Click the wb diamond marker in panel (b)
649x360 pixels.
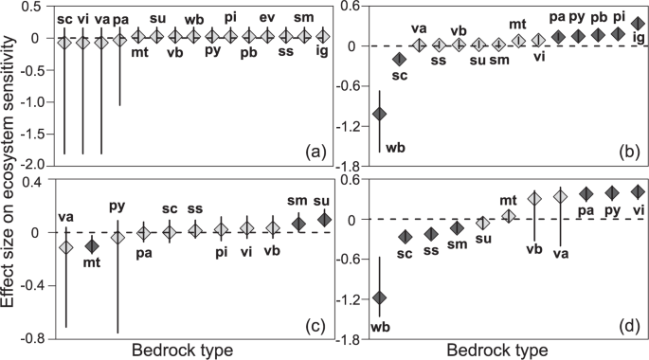tap(379, 114)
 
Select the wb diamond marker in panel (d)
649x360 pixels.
tap(379, 297)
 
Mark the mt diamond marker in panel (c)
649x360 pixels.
tap(92, 245)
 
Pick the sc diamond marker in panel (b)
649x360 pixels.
tap(399, 60)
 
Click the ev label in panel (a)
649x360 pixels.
tap(267, 18)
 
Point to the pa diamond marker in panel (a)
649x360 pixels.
tap(119, 40)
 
